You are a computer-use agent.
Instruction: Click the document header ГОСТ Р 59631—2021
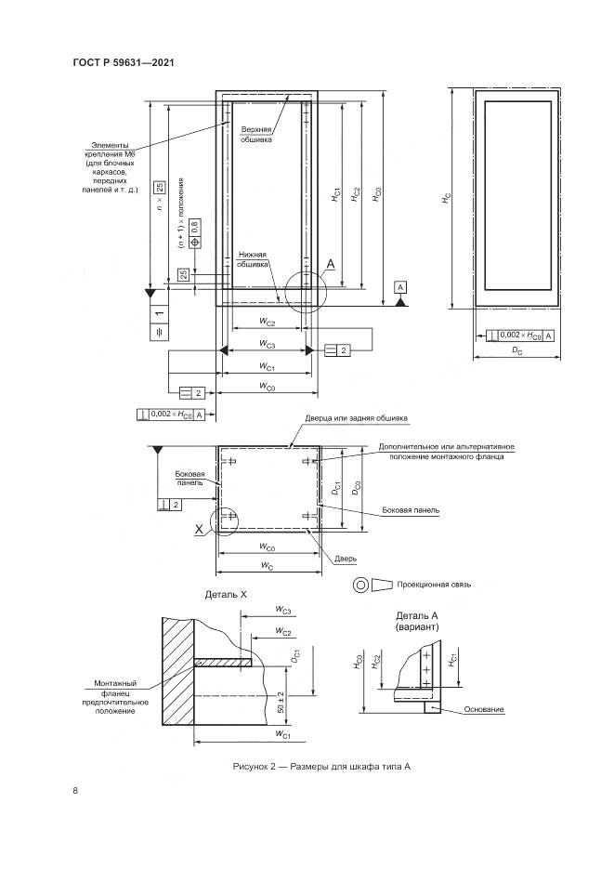click(124, 63)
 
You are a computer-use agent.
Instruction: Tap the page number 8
click(74, 790)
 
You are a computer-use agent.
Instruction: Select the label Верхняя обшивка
click(256, 134)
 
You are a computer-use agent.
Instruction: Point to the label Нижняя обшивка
click(253, 258)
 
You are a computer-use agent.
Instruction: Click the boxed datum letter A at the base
click(399, 288)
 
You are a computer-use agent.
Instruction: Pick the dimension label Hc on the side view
click(446, 199)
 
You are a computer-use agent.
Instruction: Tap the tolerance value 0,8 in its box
click(195, 227)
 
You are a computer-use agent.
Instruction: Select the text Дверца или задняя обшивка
click(358, 418)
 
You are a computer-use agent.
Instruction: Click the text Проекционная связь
click(435, 585)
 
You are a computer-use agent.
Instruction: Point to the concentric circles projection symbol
click(359, 586)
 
